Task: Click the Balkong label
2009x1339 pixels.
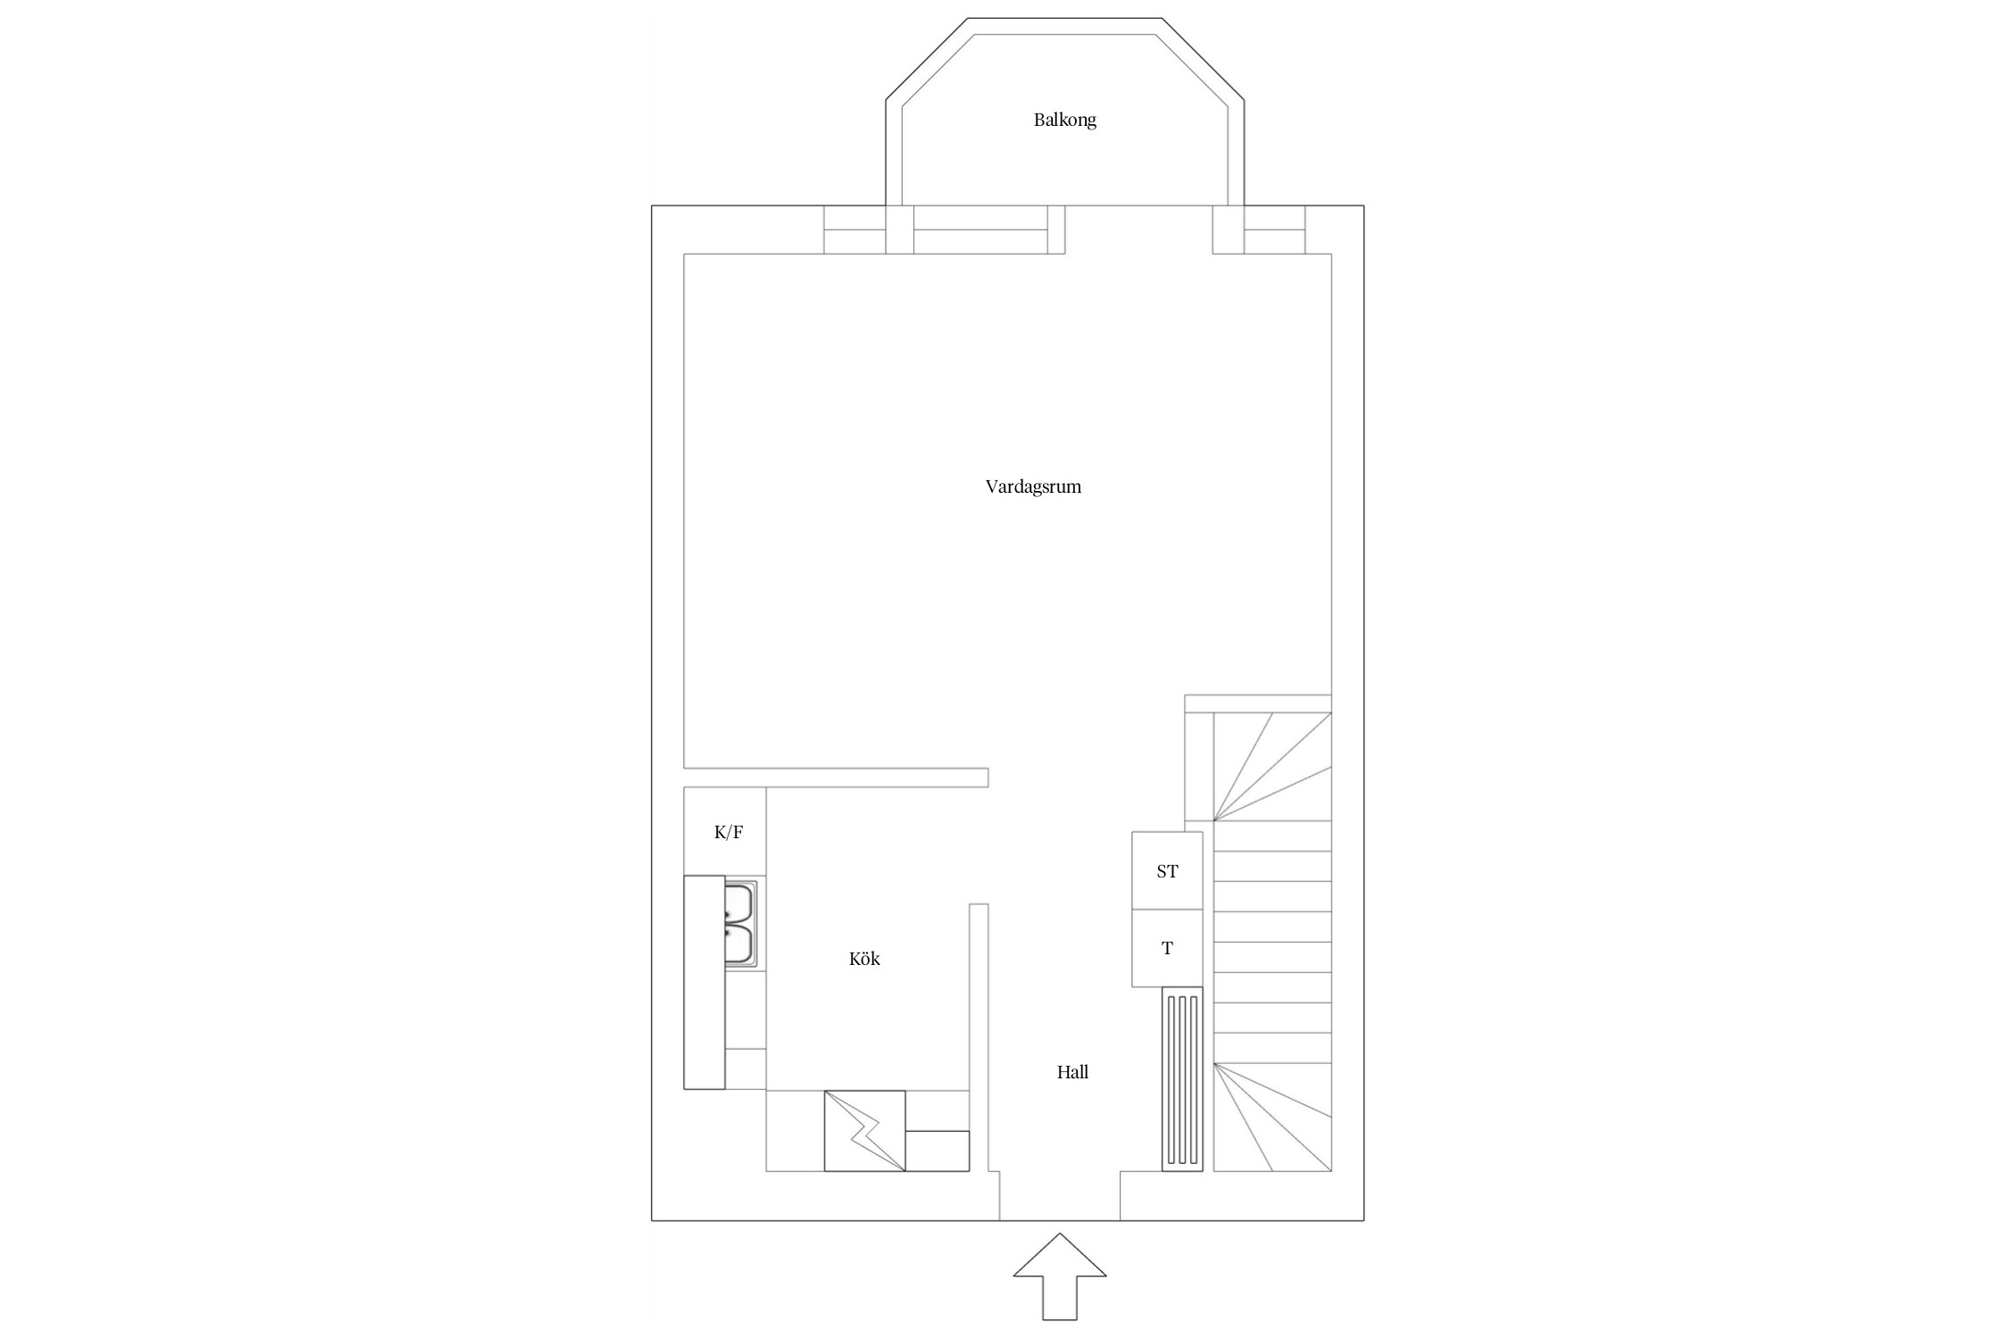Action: [x=1064, y=120]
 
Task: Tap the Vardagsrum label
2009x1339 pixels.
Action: [x=1033, y=487]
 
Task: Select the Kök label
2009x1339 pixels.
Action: [x=864, y=959]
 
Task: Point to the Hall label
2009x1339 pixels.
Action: [x=1072, y=1072]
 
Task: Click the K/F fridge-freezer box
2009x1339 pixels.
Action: [x=725, y=831]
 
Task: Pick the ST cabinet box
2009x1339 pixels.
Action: [x=1167, y=871]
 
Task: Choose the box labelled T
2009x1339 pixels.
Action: [x=1167, y=948]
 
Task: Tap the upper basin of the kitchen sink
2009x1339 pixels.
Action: [x=740, y=902]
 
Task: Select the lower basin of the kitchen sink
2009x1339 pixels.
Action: [x=740, y=945]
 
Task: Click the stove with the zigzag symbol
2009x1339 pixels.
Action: [x=864, y=1131]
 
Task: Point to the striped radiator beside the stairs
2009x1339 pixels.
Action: [x=1182, y=1078]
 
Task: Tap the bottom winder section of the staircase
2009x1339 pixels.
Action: [x=1272, y=1117]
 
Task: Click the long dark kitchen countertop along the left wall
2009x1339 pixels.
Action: [x=704, y=982]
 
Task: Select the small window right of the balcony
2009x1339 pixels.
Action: [x=1274, y=229]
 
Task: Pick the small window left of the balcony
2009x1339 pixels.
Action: [x=854, y=229]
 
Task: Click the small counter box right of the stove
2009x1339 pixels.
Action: [x=938, y=1151]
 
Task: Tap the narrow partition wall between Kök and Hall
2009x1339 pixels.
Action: [x=979, y=1037]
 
